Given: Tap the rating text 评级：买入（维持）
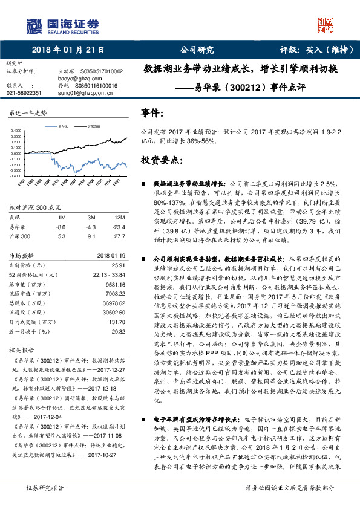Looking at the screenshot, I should tap(316, 50).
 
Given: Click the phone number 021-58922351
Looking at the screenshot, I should tap(24, 93).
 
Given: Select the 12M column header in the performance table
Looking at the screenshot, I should tap(120, 216).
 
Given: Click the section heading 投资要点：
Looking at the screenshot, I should tap(161, 160).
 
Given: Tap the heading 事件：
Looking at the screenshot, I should tap(152, 113).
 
